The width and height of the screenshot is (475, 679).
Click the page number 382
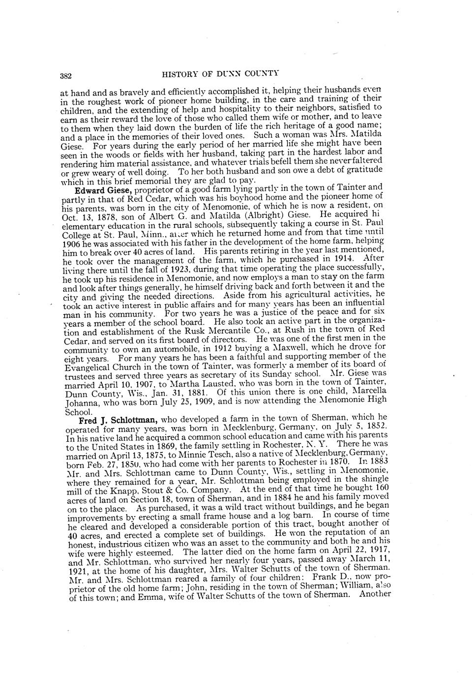[x=66, y=76]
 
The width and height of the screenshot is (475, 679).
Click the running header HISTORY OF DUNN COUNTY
[x=220, y=74]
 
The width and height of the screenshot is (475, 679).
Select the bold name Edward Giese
[x=103, y=190]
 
